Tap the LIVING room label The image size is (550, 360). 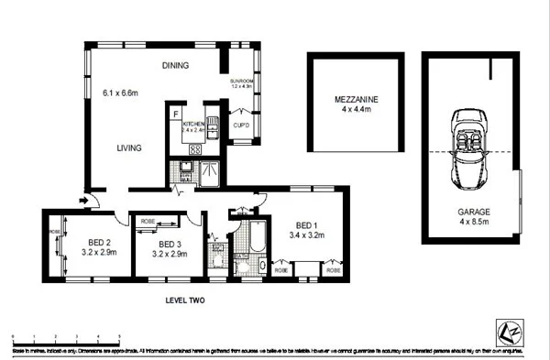coord(132,147)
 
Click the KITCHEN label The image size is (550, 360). coord(193,123)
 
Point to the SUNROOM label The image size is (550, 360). coord(242,82)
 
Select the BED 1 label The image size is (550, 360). coord(306,224)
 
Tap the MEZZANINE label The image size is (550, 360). coord(355,98)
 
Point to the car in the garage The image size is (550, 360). coord(471,147)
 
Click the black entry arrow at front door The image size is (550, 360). coord(85,199)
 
